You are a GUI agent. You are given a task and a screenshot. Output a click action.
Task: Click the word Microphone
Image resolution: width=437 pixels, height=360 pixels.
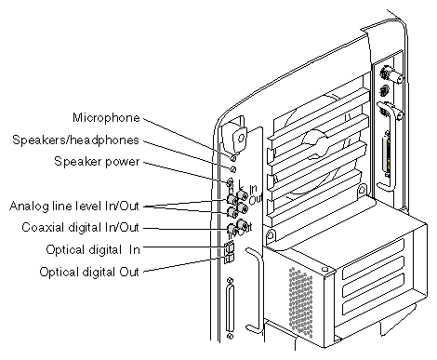106,118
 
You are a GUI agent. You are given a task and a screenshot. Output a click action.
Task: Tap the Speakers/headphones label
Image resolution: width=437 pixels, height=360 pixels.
75,140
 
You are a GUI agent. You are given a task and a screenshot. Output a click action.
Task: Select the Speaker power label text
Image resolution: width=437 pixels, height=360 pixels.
97,162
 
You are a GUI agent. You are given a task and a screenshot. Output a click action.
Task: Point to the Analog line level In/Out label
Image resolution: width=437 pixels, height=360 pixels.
74,206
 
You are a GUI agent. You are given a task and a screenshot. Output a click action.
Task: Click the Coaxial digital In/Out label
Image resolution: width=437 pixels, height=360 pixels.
80,227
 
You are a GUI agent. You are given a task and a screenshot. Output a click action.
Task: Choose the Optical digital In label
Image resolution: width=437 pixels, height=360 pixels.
93,249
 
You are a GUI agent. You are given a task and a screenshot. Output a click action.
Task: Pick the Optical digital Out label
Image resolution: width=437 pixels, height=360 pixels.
89,272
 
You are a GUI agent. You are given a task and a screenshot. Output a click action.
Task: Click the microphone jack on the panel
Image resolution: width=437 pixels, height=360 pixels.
233,158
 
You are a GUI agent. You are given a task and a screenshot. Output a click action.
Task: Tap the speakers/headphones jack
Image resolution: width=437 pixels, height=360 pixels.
233,169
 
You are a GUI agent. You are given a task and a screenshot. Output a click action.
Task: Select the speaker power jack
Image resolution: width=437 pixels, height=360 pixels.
231,181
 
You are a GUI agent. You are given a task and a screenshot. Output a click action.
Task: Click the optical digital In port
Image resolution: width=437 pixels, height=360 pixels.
230,247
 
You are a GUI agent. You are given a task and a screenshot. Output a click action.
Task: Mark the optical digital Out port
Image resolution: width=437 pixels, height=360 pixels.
230,258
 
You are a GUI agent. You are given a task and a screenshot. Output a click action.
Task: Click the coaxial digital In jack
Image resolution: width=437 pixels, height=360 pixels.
232,230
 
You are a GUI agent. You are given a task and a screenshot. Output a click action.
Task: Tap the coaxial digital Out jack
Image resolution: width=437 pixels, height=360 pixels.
242,224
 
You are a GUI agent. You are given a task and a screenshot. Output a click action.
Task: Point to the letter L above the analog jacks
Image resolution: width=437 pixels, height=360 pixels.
241,185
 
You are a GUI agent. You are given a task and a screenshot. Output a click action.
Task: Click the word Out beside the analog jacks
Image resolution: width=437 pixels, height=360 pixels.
256,199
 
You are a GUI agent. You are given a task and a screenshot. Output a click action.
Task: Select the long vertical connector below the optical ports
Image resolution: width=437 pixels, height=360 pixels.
230,309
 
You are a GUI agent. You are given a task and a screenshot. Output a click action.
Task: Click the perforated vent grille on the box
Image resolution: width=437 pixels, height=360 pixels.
301,302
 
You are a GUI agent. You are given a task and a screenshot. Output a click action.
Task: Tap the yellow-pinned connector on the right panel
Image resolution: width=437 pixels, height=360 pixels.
387,154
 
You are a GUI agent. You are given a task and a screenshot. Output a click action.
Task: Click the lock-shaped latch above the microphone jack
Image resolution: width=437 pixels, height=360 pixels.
239,136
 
